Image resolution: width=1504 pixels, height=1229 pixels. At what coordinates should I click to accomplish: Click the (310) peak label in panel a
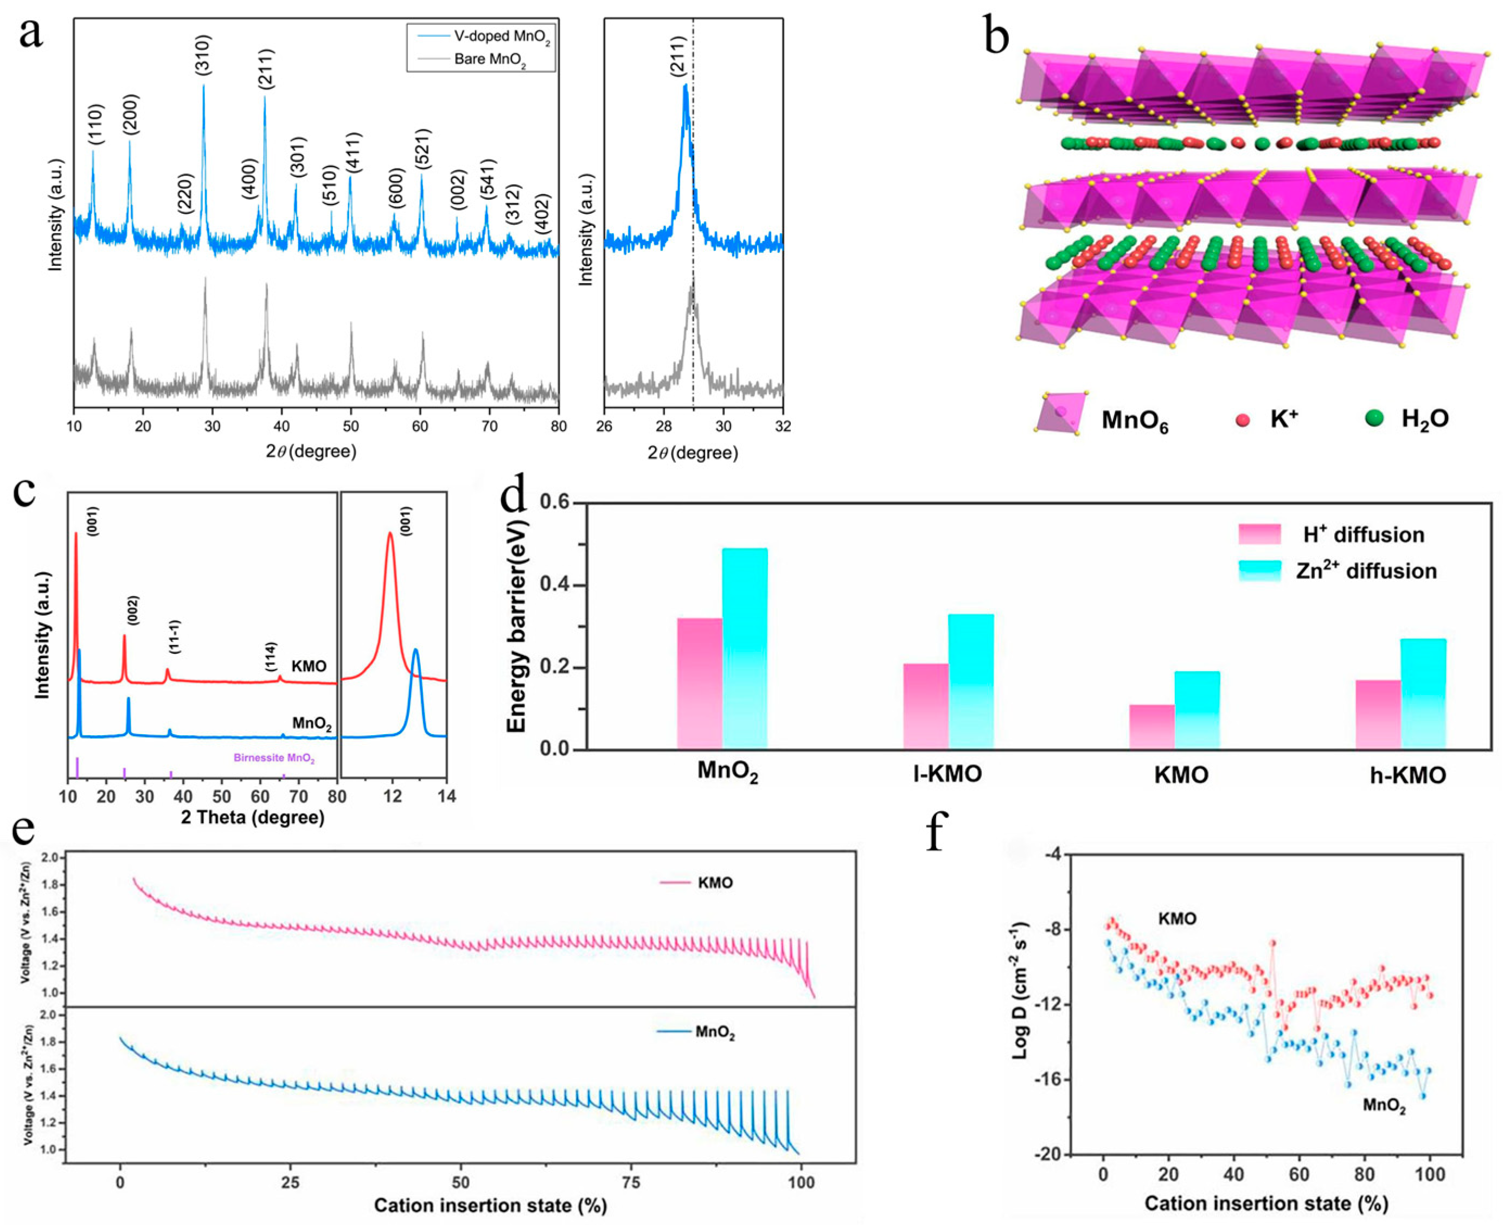tap(202, 54)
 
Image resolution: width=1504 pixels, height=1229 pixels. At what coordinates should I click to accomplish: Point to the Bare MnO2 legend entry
tap(490, 59)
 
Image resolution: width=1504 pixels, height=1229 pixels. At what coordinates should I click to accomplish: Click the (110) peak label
tap(96, 125)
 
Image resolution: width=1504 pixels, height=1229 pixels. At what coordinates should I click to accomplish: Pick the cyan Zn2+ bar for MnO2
tap(745, 648)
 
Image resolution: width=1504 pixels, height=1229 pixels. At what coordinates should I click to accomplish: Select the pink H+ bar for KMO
tap(1151, 727)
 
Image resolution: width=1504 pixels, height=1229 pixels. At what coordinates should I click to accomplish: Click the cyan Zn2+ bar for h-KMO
tap(1423, 694)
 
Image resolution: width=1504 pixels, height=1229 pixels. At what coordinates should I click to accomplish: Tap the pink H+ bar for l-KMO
tap(926, 706)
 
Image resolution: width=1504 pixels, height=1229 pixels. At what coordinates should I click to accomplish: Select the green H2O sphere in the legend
tap(1374, 418)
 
